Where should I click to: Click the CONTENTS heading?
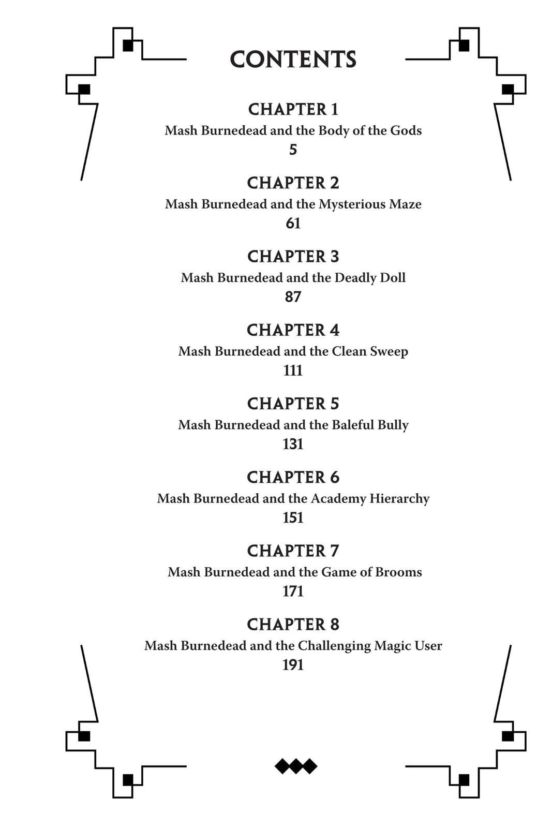(293, 59)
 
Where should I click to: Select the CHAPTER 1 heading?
(293, 109)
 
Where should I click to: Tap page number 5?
(293, 150)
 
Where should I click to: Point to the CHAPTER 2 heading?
(293, 183)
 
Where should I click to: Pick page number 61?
(293, 223)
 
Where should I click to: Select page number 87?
(293, 297)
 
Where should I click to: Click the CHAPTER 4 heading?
(293, 330)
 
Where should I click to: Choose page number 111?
(293, 371)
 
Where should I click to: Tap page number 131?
(293, 444)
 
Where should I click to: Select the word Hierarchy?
(399, 499)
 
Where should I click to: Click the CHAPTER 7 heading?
(293, 551)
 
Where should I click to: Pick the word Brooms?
(399, 572)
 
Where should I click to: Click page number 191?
(293, 665)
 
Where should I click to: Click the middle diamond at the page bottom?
(296, 766)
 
